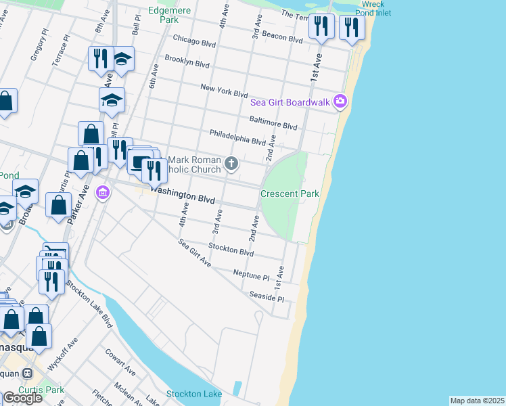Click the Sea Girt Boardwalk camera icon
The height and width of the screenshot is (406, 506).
pyautogui.click(x=340, y=102)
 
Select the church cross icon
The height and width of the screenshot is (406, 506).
pyautogui.click(x=231, y=162)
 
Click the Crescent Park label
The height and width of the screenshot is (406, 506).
pyautogui.click(x=290, y=194)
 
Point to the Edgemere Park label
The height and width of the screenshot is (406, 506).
pyautogui.click(x=163, y=15)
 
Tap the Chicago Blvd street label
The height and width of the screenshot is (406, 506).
pyautogui.click(x=193, y=41)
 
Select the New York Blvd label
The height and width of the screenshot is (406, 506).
pyautogui.click(x=224, y=91)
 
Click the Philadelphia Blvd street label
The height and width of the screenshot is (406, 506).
pyautogui.click(x=237, y=137)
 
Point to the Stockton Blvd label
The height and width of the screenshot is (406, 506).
pyautogui.click(x=231, y=250)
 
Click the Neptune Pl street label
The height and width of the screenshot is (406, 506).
pyautogui.click(x=251, y=274)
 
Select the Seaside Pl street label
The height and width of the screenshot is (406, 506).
pyautogui.click(x=267, y=297)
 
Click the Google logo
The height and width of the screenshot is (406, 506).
pyautogui.click(x=22, y=397)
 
